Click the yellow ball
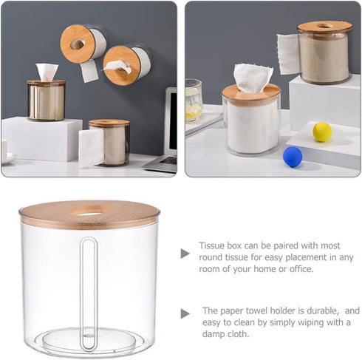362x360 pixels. click(x=322, y=132)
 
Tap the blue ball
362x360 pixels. click(x=293, y=157)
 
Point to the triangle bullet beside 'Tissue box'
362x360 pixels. click(x=185, y=254)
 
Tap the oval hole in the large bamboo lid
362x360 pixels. click(x=90, y=212)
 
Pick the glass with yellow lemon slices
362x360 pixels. click(x=194, y=100)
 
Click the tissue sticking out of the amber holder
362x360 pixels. click(x=47, y=72)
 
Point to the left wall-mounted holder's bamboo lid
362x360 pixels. click(x=77, y=44)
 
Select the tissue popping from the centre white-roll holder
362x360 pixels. click(x=252, y=78)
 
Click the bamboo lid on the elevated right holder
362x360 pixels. click(x=324, y=27)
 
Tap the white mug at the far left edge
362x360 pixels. click(x=4, y=150)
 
